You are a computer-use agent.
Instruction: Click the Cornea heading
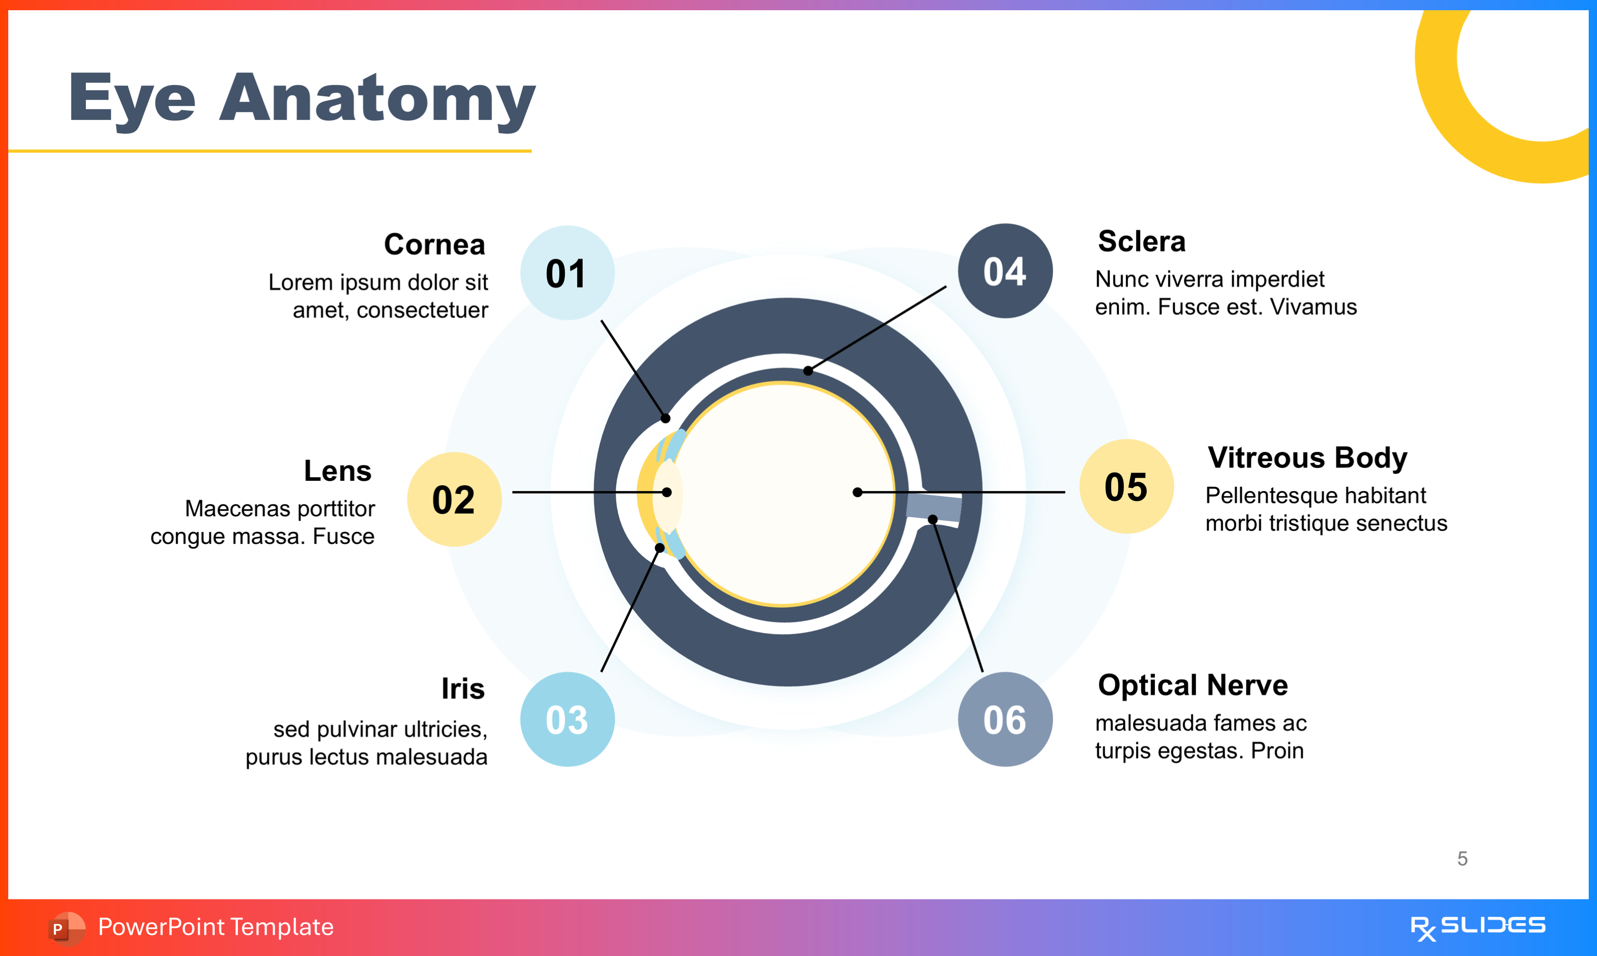(x=435, y=245)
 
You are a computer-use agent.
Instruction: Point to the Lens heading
(x=337, y=471)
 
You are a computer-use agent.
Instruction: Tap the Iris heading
(x=463, y=689)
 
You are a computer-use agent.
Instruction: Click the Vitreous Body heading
(x=1307, y=458)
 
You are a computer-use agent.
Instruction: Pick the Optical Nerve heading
(x=1193, y=685)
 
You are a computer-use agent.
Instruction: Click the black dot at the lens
(x=667, y=492)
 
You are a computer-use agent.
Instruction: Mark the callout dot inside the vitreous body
(x=857, y=492)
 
